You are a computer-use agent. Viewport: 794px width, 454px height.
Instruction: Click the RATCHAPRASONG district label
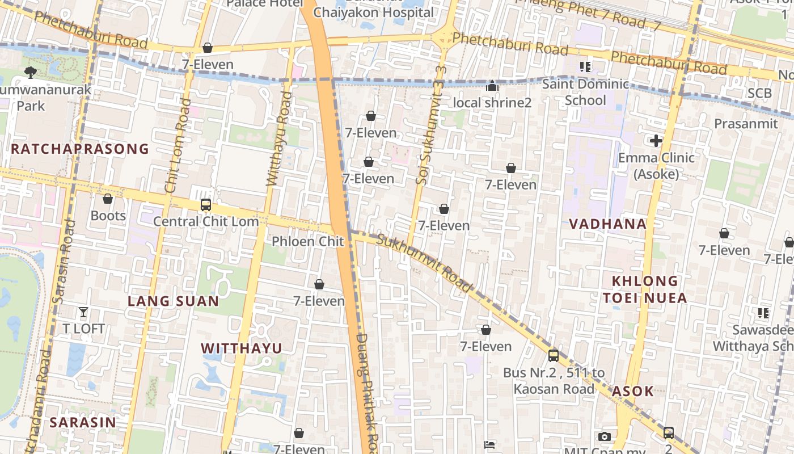(80, 149)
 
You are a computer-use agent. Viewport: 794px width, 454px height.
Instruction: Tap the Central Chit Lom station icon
(206, 205)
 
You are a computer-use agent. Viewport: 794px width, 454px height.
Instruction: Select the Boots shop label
(108, 216)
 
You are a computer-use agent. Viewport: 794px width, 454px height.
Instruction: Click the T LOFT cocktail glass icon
(83, 312)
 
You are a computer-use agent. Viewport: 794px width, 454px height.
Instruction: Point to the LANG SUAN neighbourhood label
(173, 301)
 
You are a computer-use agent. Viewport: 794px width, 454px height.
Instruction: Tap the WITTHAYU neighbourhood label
(242, 348)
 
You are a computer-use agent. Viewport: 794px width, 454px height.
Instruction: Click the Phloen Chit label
(307, 242)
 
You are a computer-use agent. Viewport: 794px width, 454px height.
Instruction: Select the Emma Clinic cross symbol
(656, 141)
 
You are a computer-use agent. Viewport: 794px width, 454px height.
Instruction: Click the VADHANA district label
(607, 224)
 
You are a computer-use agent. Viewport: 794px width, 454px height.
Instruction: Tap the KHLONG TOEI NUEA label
(645, 289)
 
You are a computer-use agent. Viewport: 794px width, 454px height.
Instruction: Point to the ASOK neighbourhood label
(632, 391)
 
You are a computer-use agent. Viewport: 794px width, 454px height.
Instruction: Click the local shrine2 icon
(492, 86)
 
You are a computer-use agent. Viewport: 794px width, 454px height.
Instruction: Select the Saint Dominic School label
(585, 93)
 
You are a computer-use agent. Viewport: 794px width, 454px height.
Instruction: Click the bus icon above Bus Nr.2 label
(553, 356)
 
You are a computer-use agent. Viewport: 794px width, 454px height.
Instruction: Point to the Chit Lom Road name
(178, 145)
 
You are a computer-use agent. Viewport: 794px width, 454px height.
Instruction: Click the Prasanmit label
(746, 124)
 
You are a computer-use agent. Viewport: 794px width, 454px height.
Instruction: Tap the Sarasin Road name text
(64, 261)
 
